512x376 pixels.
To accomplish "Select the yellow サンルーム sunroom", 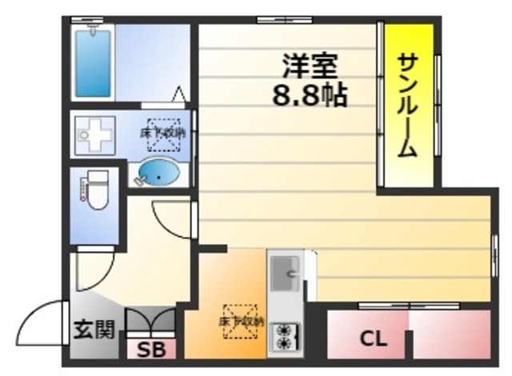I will click(408, 104).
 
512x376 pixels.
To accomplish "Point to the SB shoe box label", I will click(146, 350).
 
